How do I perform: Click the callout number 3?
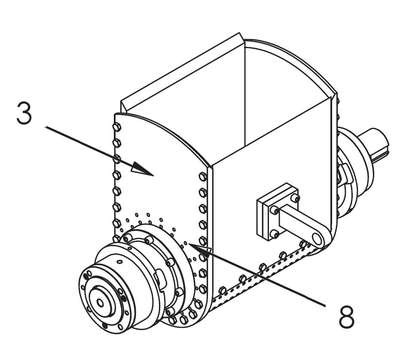click(x=24, y=113)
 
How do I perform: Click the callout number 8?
click(x=347, y=316)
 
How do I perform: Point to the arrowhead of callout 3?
click(x=143, y=169)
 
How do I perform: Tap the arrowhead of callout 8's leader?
click(x=200, y=249)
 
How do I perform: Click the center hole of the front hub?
click(x=100, y=303)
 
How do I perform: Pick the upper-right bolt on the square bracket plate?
click(x=294, y=198)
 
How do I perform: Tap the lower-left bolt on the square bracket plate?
click(x=275, y=234)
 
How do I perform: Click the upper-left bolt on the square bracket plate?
click(x=274, y=211)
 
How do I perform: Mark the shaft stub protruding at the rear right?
click(x=374, y=144)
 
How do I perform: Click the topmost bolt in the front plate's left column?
click(x=116, y=127)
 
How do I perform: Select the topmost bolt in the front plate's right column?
click(x=203, y=177)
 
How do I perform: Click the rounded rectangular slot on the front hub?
click(x=159, y=279)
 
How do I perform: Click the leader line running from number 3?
click(x=99, y=150)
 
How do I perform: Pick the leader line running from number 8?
click(x=257, y=274)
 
